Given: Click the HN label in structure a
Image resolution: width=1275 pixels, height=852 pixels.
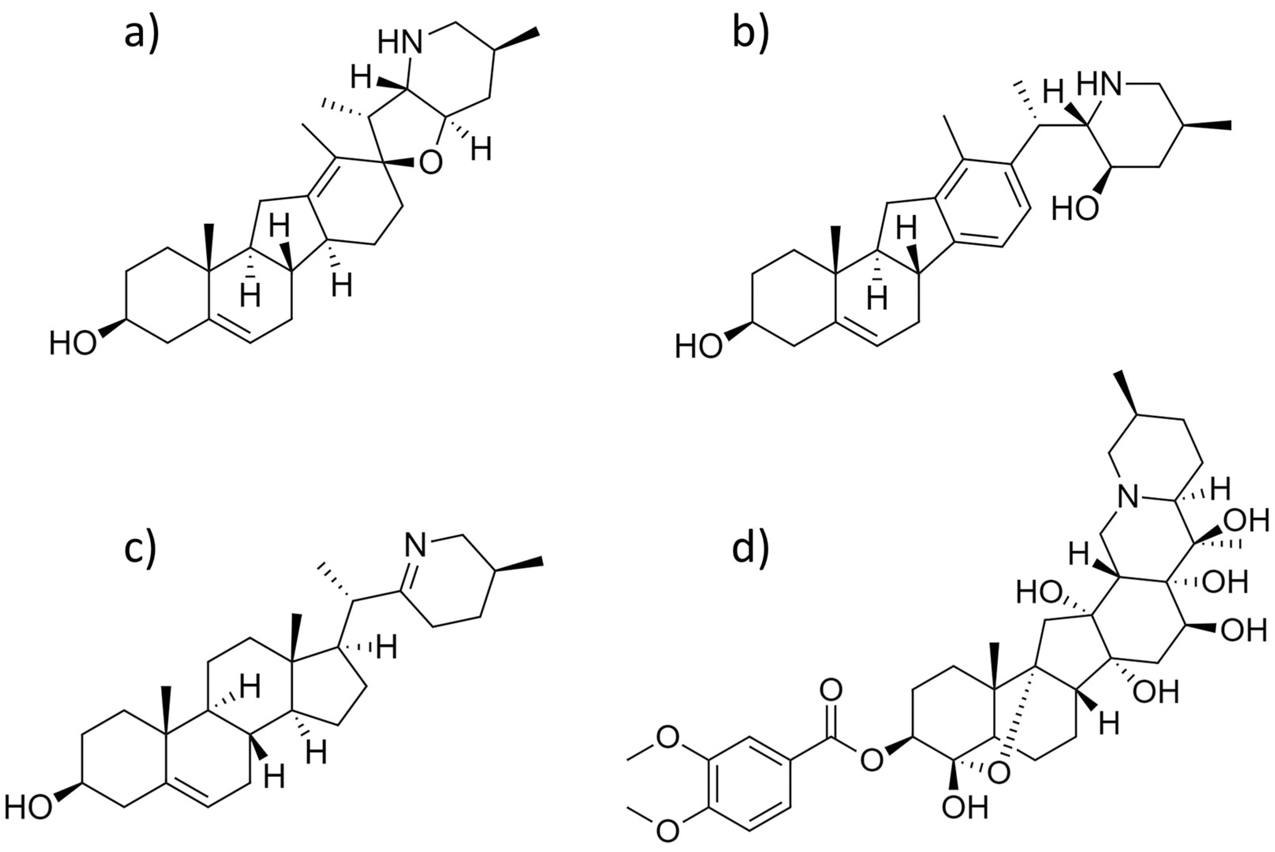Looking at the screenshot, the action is click(400, 43).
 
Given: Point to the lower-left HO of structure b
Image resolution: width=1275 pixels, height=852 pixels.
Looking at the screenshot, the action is click(699, 347).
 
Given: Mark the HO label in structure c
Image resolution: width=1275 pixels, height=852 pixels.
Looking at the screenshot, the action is click(28, 808).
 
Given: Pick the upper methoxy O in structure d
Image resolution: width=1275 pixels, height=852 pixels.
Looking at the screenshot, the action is click(668, 738).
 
